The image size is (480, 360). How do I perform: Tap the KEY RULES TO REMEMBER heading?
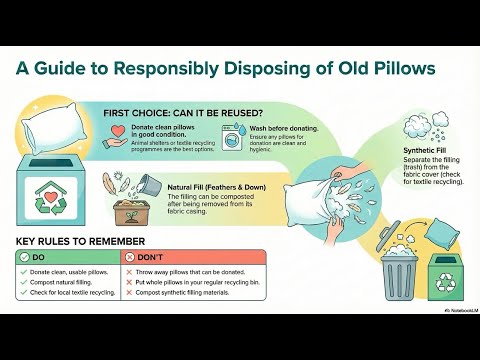(81, 241)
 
